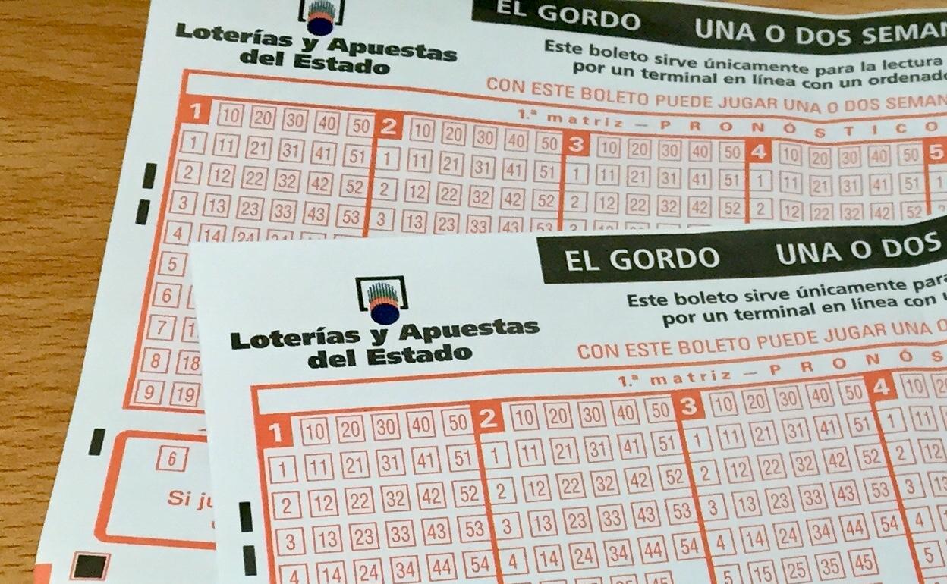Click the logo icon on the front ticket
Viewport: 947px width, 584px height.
tap(382, 299)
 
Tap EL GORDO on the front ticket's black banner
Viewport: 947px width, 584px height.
tap(641, 258)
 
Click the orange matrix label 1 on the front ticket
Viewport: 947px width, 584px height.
tap(275, 433)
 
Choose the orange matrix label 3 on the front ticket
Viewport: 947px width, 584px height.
tap(688, 407)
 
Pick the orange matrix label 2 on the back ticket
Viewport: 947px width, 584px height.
tap(389, 127)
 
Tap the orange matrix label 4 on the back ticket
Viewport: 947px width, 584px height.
tap(757, 151)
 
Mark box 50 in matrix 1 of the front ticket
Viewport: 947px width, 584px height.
tap(455, 423)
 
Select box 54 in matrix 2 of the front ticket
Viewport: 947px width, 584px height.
tap(688, 545)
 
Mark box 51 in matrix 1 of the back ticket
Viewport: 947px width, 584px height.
tap(355, 155)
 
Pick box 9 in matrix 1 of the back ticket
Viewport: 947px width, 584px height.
tap(149, 393)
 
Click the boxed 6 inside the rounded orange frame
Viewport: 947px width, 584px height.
tap(172, 459)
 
